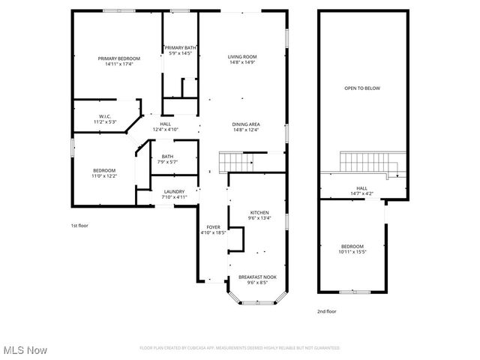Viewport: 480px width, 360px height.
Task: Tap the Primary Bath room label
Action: pos(181,48)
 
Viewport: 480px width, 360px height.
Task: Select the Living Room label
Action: pos(243,57)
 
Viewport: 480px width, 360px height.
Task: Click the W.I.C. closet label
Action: pos(104,116)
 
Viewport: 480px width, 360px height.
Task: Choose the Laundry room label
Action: pos(174,192)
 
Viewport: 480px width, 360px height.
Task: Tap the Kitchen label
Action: pos(259,212)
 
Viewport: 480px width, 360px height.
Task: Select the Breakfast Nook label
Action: pos(257,277)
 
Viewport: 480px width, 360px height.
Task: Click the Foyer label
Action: pos(213,226)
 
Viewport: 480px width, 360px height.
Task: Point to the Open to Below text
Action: pos(361,88)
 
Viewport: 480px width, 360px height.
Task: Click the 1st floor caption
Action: pos(80,225)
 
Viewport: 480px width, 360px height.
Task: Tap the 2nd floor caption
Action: pos(326,310)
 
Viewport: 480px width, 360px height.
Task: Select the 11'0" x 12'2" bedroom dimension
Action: pos(104,175)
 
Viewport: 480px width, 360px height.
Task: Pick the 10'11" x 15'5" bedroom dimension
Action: pos(352,252)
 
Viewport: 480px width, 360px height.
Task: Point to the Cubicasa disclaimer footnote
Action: pos(240,348)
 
